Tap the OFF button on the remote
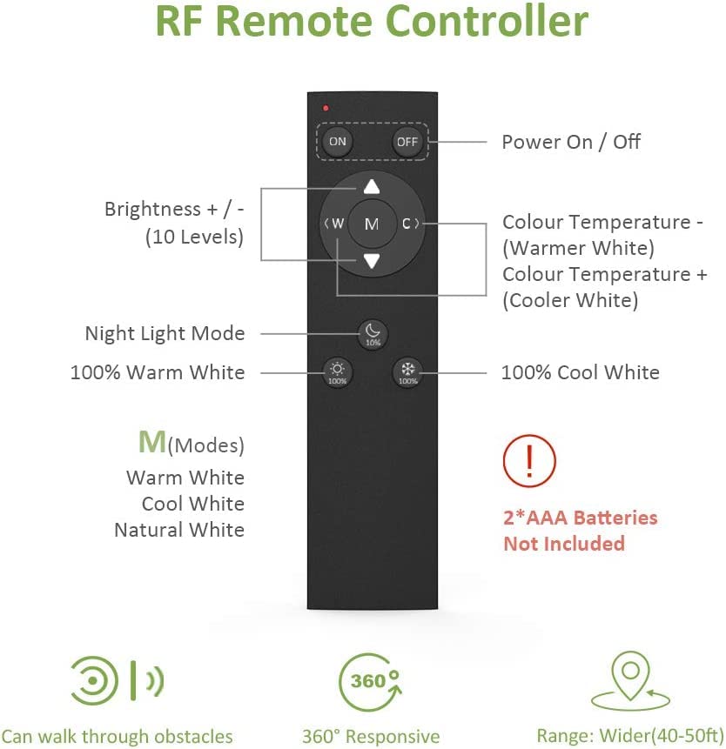(407, 142)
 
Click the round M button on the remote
(372, 224)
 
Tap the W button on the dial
(335, 223)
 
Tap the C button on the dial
(409, 223)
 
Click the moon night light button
(373, 334)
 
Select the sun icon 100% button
(338, 372)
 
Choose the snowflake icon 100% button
(407, 372)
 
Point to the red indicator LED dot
(326, 109)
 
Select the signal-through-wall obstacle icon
(118, 680)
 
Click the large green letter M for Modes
(152, 442)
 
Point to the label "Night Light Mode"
(165, 333)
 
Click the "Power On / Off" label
(571, 142)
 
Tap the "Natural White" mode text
(179, 531)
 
